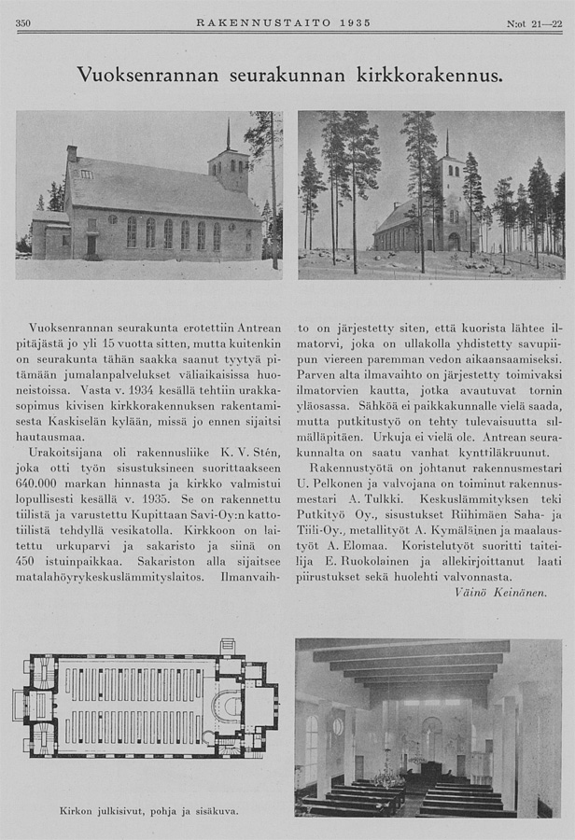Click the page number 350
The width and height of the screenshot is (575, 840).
pyautogui.click(x=24, y=22)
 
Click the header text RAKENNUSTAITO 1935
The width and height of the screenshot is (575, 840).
pyautogui.click(x=283, y=22)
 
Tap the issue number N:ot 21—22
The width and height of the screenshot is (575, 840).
pyautogui.click(x=533, y=22)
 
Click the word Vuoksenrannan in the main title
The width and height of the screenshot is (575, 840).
pyautogui.click(x=148, y=75)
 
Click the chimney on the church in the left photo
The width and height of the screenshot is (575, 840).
pyautogui.click(x=72, y=153)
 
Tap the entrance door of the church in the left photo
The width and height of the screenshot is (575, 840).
pyautogui.click(x=91, y=245)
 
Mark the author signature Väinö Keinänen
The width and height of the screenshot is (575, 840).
pyautogui.click(x=500, y=592)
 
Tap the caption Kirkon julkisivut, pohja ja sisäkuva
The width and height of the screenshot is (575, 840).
pyautogui.click(x=148, y=810)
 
